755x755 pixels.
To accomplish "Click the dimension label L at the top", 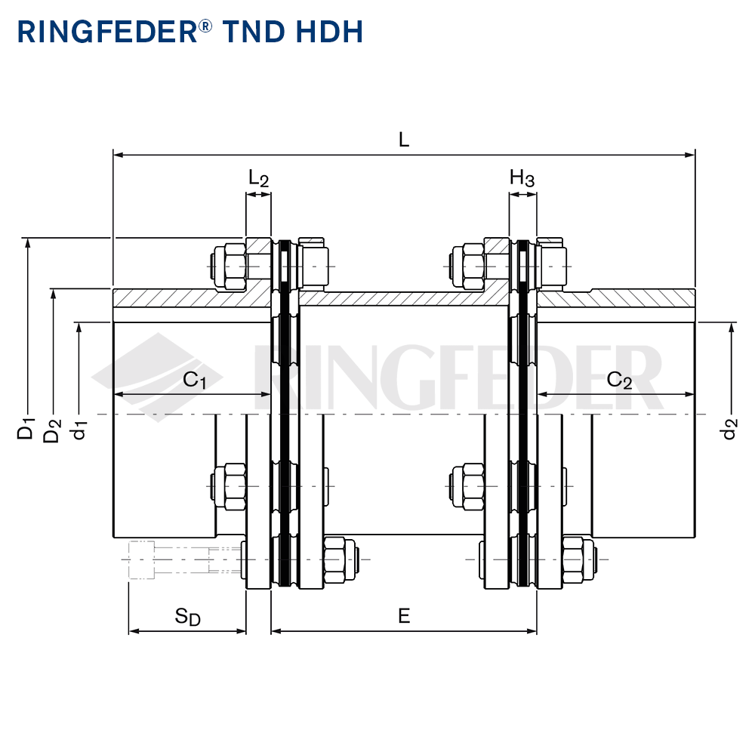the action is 403,140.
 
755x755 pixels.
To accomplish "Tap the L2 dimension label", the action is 258,178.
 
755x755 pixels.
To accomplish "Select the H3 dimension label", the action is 522,178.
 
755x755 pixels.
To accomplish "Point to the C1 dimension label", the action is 195,380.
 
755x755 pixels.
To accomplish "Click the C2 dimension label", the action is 619,380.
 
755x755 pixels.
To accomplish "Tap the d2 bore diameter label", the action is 729,430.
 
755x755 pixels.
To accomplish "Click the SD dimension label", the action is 187,617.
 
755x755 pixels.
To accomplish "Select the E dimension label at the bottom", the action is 403,616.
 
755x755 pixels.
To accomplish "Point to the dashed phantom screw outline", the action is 185,559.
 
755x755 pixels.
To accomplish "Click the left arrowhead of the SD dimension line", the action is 134,631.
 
